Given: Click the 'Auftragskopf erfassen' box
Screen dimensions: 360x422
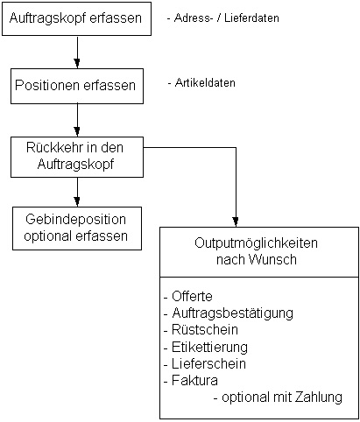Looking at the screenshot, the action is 76,19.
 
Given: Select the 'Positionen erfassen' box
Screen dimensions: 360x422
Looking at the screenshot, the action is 77,86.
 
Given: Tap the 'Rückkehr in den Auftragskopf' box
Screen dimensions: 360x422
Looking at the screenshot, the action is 77,157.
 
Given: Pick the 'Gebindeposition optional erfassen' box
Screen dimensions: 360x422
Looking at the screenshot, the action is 77,229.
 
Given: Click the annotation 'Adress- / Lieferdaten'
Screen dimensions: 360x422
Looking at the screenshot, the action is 223,18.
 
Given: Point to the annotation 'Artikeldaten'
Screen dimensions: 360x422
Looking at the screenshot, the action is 201,83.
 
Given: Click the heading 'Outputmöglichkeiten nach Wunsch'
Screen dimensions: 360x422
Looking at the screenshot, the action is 257,251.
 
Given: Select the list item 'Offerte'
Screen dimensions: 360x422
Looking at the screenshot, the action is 188,296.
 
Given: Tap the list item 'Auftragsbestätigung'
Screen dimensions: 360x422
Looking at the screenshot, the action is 229,313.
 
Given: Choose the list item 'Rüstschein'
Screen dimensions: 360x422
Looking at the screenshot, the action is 201,330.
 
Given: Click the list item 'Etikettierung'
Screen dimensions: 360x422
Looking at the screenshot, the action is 206,347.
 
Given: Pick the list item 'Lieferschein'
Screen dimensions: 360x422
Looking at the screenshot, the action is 205,363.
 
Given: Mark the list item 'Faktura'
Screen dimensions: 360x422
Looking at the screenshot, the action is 191,380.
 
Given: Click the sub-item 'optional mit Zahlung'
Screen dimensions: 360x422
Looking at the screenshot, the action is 278,397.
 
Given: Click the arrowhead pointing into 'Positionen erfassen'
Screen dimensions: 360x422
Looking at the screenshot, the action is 77,64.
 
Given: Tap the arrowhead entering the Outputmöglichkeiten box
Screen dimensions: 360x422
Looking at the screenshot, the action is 236,222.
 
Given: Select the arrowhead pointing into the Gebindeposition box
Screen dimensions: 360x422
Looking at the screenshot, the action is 77,202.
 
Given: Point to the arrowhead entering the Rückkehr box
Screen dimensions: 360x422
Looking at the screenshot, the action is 77,132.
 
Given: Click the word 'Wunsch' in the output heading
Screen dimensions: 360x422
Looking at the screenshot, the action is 272,259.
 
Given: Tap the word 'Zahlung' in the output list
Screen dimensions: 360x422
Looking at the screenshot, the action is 319,397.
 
